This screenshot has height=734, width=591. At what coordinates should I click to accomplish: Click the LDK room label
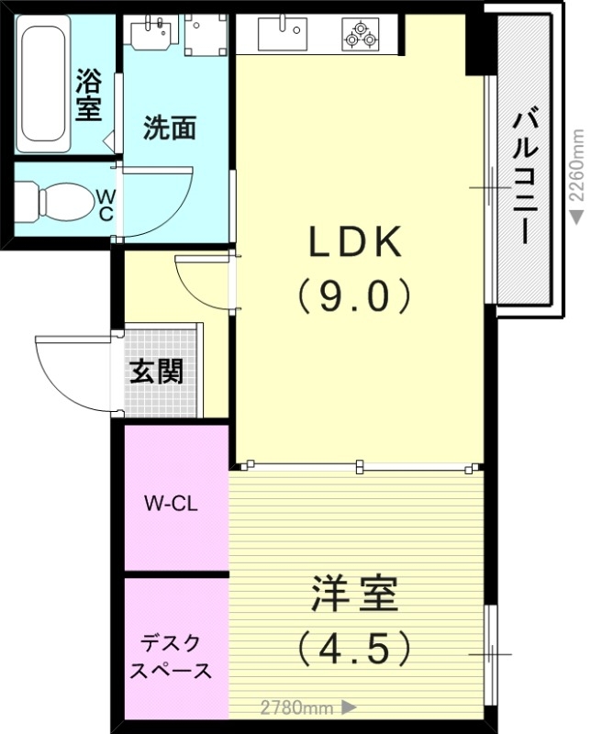[354, 242]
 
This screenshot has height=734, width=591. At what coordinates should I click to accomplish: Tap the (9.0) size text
[354, 295]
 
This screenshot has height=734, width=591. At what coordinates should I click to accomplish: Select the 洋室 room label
[354, 595]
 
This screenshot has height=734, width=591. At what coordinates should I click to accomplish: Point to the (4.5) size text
[354, 649]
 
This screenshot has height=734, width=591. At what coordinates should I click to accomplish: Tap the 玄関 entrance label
[155, 372]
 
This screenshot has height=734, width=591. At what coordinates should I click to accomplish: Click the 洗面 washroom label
[170, 129]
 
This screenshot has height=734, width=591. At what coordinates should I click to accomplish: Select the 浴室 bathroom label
[88, 94]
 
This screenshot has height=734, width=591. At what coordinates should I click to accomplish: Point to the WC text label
[106, 205]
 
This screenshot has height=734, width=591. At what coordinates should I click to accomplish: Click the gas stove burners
[359, 35]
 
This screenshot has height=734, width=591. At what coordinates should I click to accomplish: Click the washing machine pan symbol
[205, 33]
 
